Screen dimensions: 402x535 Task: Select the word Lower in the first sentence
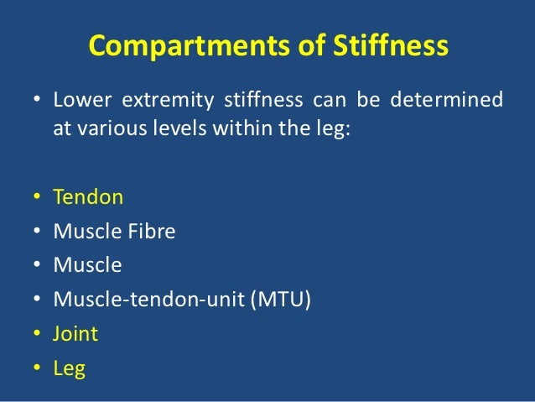pos(78,102)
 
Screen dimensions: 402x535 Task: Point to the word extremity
pos(165,102)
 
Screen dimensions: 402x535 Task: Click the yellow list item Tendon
pos(88,197)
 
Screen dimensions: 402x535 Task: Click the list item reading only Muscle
pos(87,265)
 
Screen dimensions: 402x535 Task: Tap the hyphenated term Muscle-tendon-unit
pos(148,300)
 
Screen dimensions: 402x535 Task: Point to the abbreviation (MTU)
pos(279,300)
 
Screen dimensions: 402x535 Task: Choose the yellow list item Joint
pos(75,334)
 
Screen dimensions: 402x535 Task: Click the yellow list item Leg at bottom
pos(69,368)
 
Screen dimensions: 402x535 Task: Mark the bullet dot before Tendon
pos(38,199)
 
